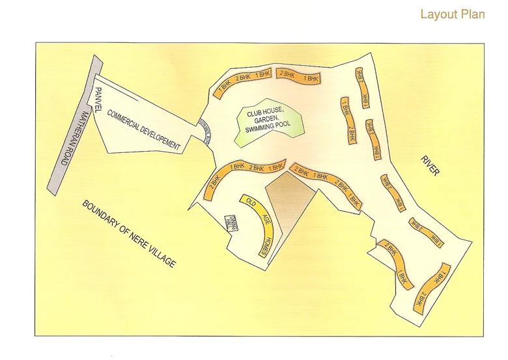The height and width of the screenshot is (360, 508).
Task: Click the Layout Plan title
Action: tap(452, 14)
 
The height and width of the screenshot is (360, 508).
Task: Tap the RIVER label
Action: tap(430, 165)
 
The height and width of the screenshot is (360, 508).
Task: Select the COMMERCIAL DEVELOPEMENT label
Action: tap(143, 130)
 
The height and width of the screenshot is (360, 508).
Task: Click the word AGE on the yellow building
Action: tap(257, 220)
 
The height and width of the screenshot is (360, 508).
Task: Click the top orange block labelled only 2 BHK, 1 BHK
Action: tap(298, 76)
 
